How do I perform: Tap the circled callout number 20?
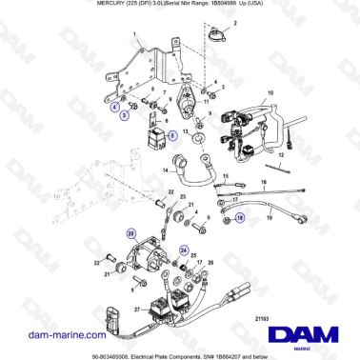[x=130, y=233]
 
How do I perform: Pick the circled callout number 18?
[x=239, y=217]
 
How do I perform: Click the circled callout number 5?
[x=172, y=135]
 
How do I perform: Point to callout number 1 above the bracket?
[x=135, y=34]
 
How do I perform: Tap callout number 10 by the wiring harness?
[x=270, y=92]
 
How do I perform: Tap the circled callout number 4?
[x=115, y=109]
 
